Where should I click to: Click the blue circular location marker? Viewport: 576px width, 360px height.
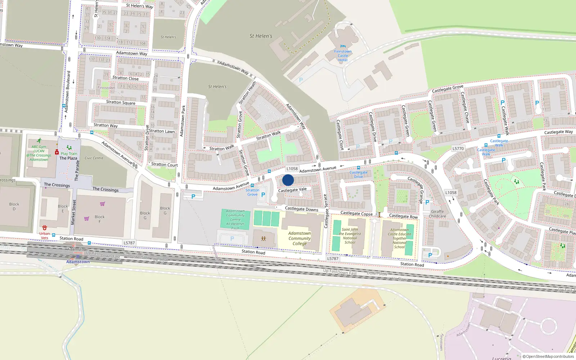pos(288,180)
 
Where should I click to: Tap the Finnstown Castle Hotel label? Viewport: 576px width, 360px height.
pos(343,55)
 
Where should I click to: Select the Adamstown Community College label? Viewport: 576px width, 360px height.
pos(300,238)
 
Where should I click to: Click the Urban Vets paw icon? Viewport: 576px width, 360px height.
pos(45,228)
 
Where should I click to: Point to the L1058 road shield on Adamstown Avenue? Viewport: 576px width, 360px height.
pos(292,168)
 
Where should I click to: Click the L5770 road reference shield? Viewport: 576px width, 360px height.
pos(458,148)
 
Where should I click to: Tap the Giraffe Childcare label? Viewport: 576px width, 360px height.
pos(437,214)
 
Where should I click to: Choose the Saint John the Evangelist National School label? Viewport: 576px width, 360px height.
pos(350,236)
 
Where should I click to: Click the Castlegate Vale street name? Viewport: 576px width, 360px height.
pos(292,189)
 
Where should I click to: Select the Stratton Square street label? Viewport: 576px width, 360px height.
pos(121,102)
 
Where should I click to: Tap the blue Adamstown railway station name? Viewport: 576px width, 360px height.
pos(78,262)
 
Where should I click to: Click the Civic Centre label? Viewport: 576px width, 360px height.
pos(94,158)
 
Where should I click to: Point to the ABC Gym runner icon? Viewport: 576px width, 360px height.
pos(39,141)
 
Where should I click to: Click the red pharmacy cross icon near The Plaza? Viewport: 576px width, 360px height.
pos(57,152)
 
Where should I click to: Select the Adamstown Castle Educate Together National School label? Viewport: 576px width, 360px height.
pos(399,238)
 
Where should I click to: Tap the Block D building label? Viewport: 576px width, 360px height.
pos(14,206)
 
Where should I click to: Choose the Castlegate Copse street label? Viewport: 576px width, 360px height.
pos(356,213)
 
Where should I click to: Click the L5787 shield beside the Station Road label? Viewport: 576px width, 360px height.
pos(129,243)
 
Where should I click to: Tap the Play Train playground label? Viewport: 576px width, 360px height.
pos(69,153)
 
